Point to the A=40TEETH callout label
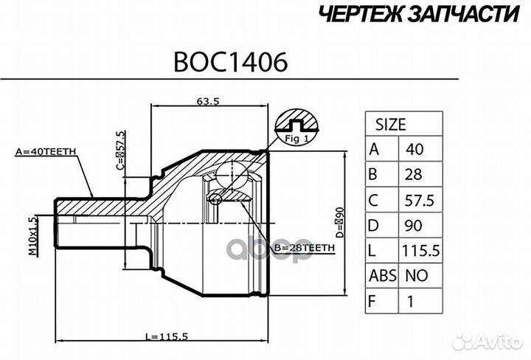pos(46,153)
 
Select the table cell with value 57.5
pos(419,201)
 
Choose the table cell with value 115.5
pos(420,251)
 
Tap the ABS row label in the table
pos(382,276)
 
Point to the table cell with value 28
pos(412,175)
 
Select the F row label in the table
pos(374,301)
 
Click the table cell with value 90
pos(412,226)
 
